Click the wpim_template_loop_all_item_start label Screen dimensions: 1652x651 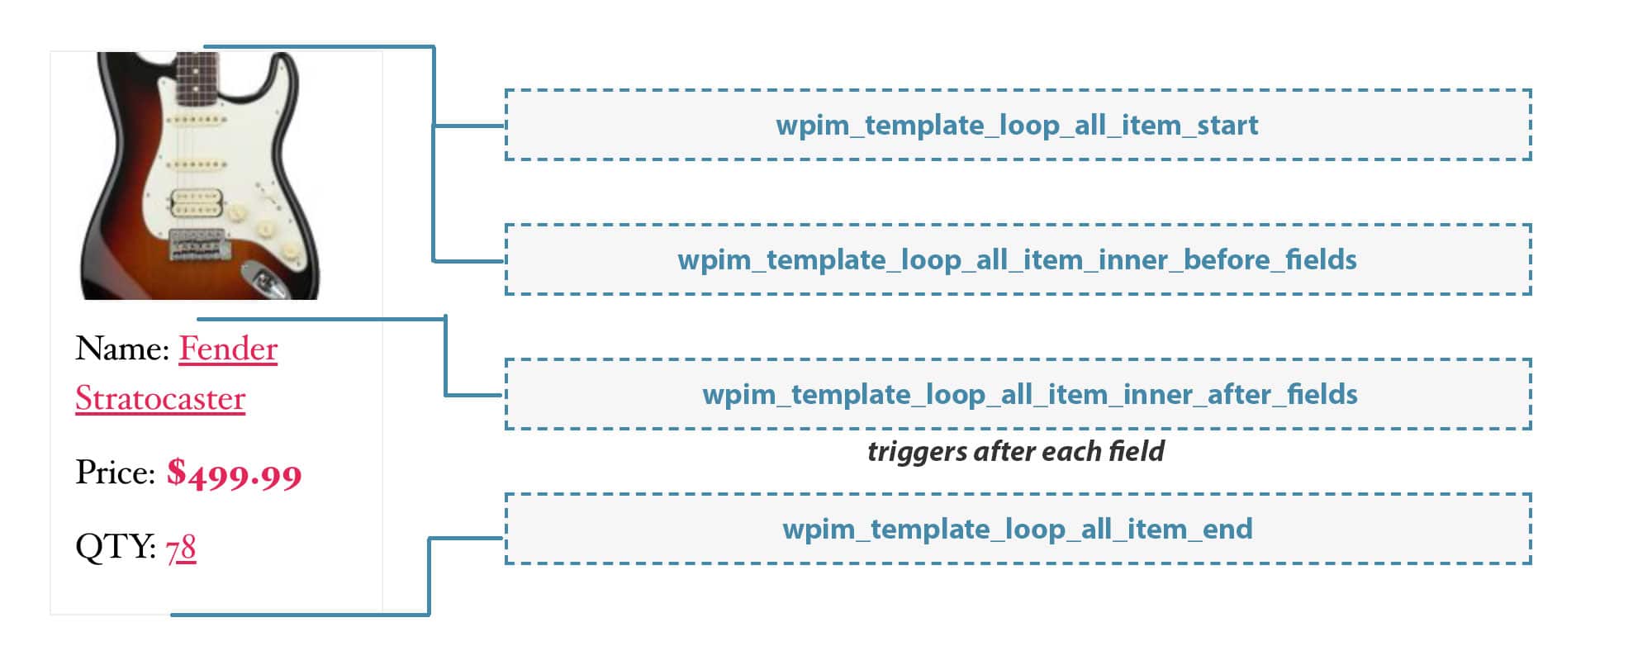(x=1017, y=126)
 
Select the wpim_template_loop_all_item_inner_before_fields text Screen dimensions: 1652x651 (x=1017, y=260)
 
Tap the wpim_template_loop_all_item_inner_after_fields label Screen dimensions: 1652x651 (x=1030, y=395)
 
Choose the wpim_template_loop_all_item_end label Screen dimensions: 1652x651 (x=1018, y=529)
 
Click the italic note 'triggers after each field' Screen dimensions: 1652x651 (x=1016, y=451)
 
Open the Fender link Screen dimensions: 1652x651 (x=228, y=349)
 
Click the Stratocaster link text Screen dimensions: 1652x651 (x=160, y=398)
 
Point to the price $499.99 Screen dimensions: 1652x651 (x=235, y=473)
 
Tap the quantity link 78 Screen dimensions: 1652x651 (x=181, y=548)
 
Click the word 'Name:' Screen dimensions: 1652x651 (x=122, y=349)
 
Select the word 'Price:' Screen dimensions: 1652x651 (x=116, y=473)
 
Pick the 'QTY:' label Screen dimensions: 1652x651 (x=116, y=547)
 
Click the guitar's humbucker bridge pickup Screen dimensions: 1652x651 (x=197, y=201)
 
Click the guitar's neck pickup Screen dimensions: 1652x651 (x=196, y=121)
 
